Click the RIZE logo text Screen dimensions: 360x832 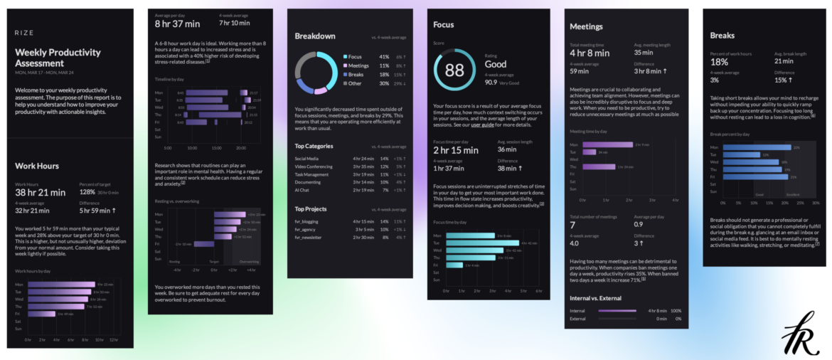coord(25,33)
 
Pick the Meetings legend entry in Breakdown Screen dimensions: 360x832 coord(360,65)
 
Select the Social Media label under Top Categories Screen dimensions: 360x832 coord(306,158)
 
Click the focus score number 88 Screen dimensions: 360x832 coord(454,70)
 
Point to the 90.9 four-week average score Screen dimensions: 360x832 coord(491,82)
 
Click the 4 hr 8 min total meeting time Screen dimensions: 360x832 coord(590,53)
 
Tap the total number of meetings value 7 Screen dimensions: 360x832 coord(572,225)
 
